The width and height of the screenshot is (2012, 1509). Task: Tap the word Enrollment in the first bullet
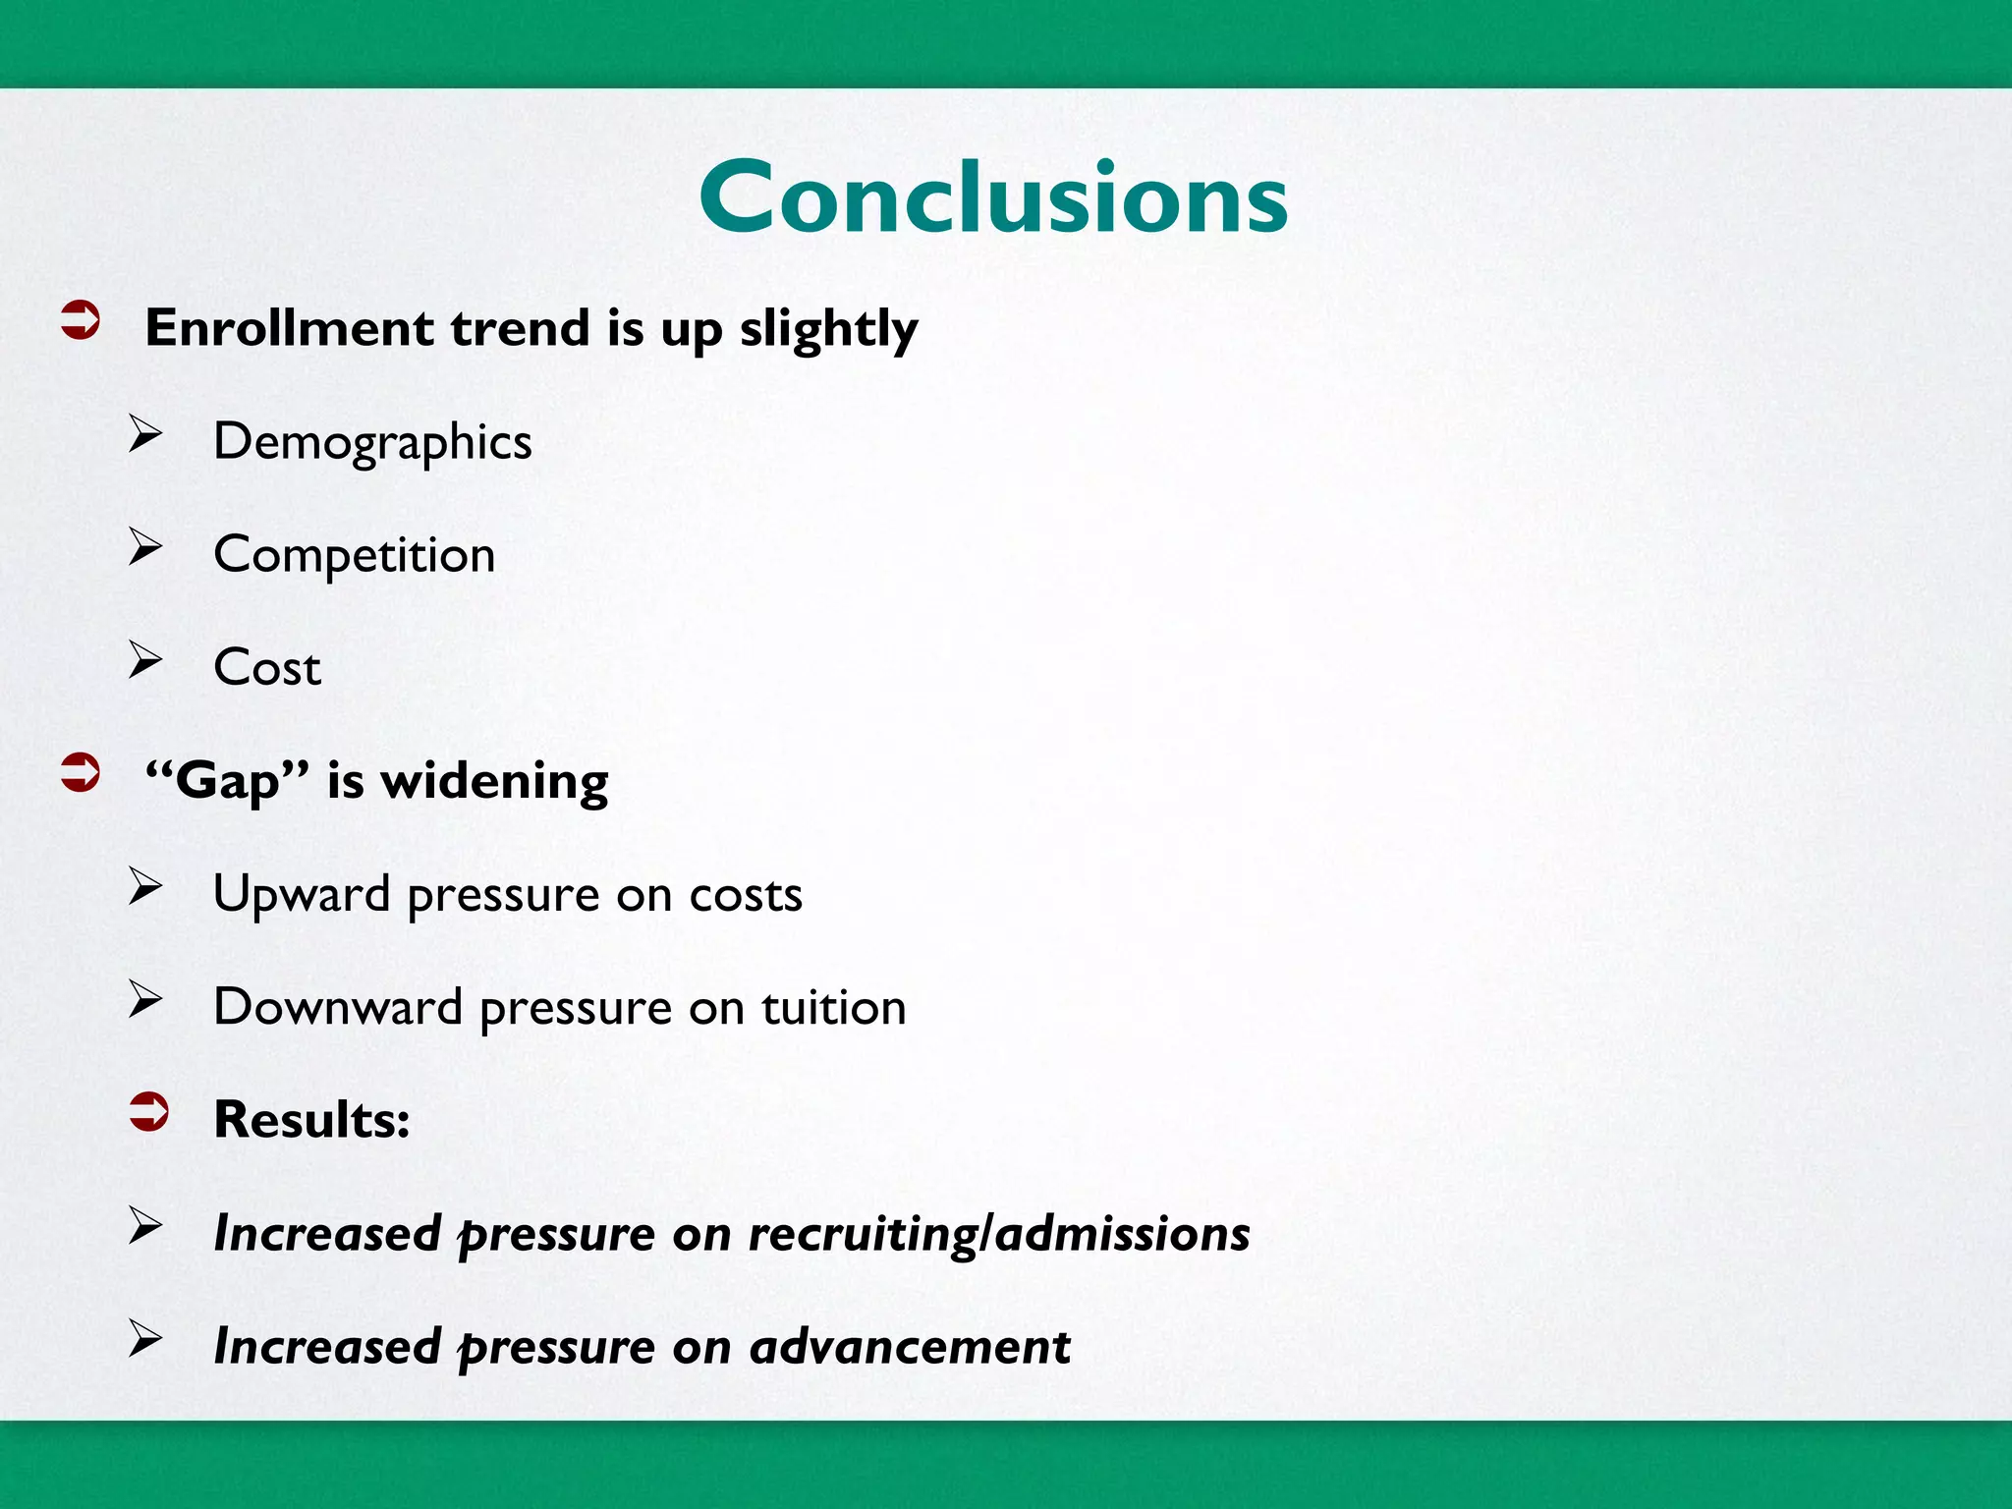tap(289, 328)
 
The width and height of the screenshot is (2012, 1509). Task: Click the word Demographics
tap(372, 442)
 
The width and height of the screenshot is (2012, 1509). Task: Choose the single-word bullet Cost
tap(267, 668)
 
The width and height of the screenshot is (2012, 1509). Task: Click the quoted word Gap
tap(227, 782)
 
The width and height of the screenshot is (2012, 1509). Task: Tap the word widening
tap(494, 782)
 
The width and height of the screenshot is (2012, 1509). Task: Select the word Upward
tap(302, 895)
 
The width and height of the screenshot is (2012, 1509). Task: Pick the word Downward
tap(337, 1008)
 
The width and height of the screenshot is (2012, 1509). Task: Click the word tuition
tap(833, 1008)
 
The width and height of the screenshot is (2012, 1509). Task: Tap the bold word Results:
tap(311, 1120)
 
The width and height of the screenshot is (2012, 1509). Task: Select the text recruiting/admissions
tap(998, 1234)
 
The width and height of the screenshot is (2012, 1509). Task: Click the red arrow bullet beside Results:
tap(149, 1112)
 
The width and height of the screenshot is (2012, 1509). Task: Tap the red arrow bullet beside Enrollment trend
tap(81, 320)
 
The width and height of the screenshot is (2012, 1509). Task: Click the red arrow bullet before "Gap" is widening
tap(81, 773)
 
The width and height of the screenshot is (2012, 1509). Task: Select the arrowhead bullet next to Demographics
tap(145, 434)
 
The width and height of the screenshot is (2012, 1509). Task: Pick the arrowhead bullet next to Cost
tap(145, 660)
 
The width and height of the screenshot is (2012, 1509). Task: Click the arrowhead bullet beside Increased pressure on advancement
tap(145, 1338)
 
